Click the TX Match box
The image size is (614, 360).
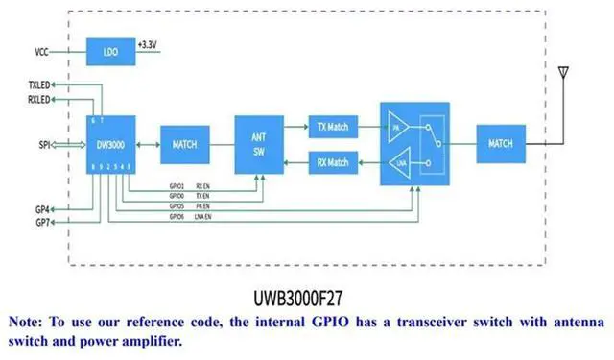point(333,127)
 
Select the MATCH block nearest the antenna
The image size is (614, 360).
point(500,144)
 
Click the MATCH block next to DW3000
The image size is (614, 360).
point(184,144)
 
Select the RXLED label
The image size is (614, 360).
point(40,100)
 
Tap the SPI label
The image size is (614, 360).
point(44,144)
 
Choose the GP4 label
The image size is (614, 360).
point(43,208)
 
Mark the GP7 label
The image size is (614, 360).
point(43,223)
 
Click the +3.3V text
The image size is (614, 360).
point(149,45)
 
